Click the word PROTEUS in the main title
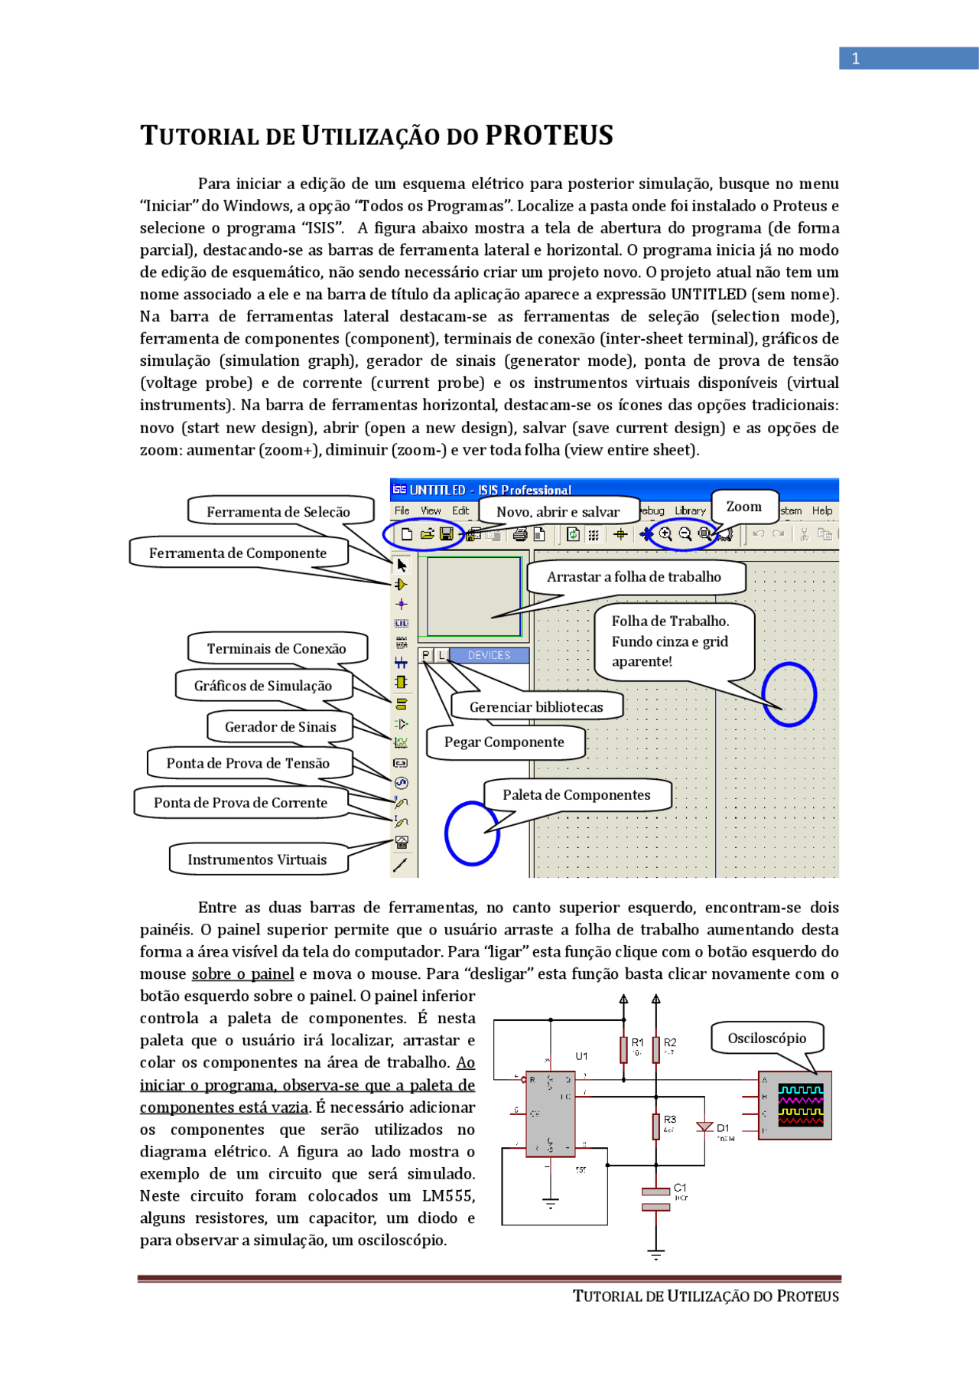548,135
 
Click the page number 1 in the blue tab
856,58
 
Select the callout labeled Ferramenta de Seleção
278,511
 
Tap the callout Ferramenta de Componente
238,553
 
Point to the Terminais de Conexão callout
276,648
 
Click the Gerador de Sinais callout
280,726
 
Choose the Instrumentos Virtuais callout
257,859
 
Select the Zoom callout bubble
744,507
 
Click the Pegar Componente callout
504,742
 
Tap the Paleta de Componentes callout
576,794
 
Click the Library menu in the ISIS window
690,510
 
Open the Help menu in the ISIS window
822,510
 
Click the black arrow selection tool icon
402,566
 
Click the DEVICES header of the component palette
489,655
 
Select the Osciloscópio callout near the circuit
766,1038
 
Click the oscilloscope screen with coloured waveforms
801,1104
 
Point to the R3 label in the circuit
670,1119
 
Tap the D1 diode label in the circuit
723,1128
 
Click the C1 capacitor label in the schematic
680,1188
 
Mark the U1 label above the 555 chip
582,1055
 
